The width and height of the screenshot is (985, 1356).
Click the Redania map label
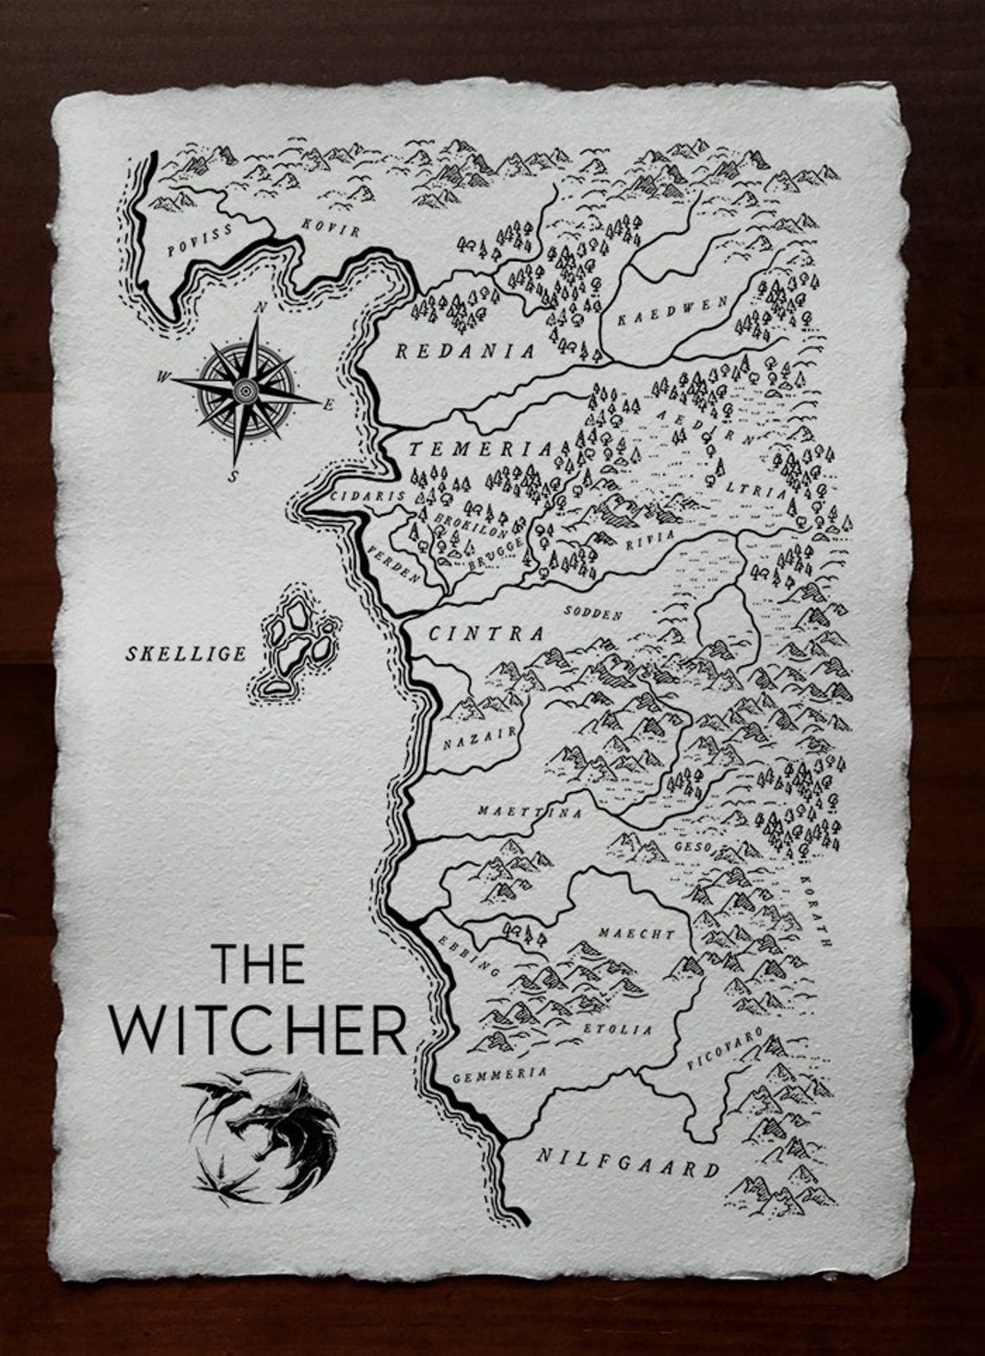coord(465,351)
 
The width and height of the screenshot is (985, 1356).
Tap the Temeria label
coord(480,449)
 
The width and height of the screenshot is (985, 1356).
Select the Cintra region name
coord(487,634)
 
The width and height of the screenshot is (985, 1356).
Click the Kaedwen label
coord(673,310)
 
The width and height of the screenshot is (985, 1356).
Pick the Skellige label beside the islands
coord(186,653)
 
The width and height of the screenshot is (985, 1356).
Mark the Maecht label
coord(636,934)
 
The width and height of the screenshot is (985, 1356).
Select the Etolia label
coord(619,1030)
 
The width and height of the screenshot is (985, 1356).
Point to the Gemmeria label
coord(500,1075)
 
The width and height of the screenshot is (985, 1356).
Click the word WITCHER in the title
coord(258,1030)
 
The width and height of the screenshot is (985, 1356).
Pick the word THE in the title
coord(257,963)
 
